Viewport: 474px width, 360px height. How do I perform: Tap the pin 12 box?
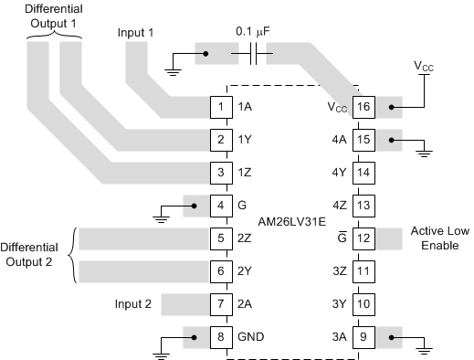click(363, 238)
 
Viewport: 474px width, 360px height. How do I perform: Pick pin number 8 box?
click(221, 335)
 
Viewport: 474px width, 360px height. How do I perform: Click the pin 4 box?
click(221, 206)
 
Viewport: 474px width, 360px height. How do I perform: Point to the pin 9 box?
click(363, 335)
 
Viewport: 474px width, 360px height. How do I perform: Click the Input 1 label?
click(136, 32)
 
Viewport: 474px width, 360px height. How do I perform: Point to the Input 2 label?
click(133, 303)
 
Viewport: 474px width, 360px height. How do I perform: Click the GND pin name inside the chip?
click(251, 335)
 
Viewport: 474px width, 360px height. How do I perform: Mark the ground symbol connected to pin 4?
click(160, 217)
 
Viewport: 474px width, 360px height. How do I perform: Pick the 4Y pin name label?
click(339, 173)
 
